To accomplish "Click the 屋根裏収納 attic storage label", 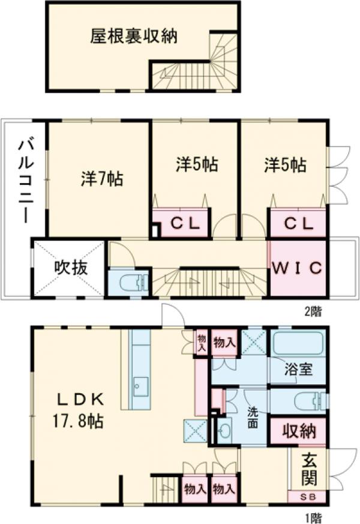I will (134, 36).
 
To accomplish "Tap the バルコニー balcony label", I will (25, 179).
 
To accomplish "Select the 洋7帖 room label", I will (102, 178).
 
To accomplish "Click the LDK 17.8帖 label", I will (80, 409).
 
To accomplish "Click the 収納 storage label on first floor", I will (298, 431).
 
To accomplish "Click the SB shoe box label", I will (307, 498).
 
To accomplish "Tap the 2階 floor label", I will (314, 311).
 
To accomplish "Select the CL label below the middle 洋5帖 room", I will (180, 224).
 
